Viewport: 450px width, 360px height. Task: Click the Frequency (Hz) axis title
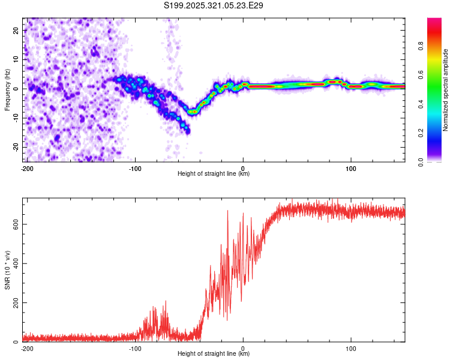click(7, 90)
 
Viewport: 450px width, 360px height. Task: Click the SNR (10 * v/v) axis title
click(7, 271)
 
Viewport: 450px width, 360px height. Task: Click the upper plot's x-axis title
click(214, 174)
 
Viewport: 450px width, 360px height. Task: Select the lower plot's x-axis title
click(214, 354)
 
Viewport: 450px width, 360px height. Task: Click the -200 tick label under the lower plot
click(26, 348)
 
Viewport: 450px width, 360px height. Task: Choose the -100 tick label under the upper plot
click(135, 168)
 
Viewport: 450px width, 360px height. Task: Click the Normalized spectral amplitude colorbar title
click(446, 90)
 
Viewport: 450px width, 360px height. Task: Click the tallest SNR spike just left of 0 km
click(228, 211)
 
